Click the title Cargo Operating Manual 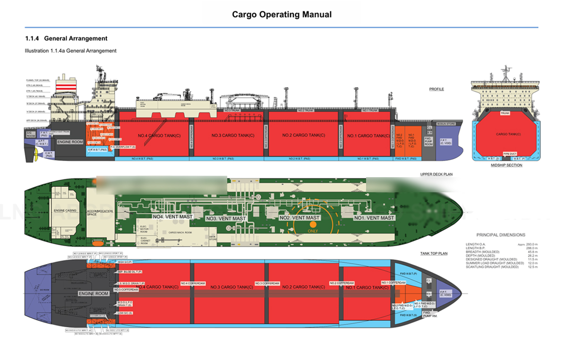pos(282,15)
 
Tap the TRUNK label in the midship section pos(505,113)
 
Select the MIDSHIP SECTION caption pos(507,165)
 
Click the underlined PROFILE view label pos(436,89)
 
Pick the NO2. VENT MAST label pos(299,218)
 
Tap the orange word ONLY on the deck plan pos(313,231)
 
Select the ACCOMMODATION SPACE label pos(100,213)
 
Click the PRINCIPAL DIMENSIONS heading pos(500,235)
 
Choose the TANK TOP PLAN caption pos(434,254)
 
